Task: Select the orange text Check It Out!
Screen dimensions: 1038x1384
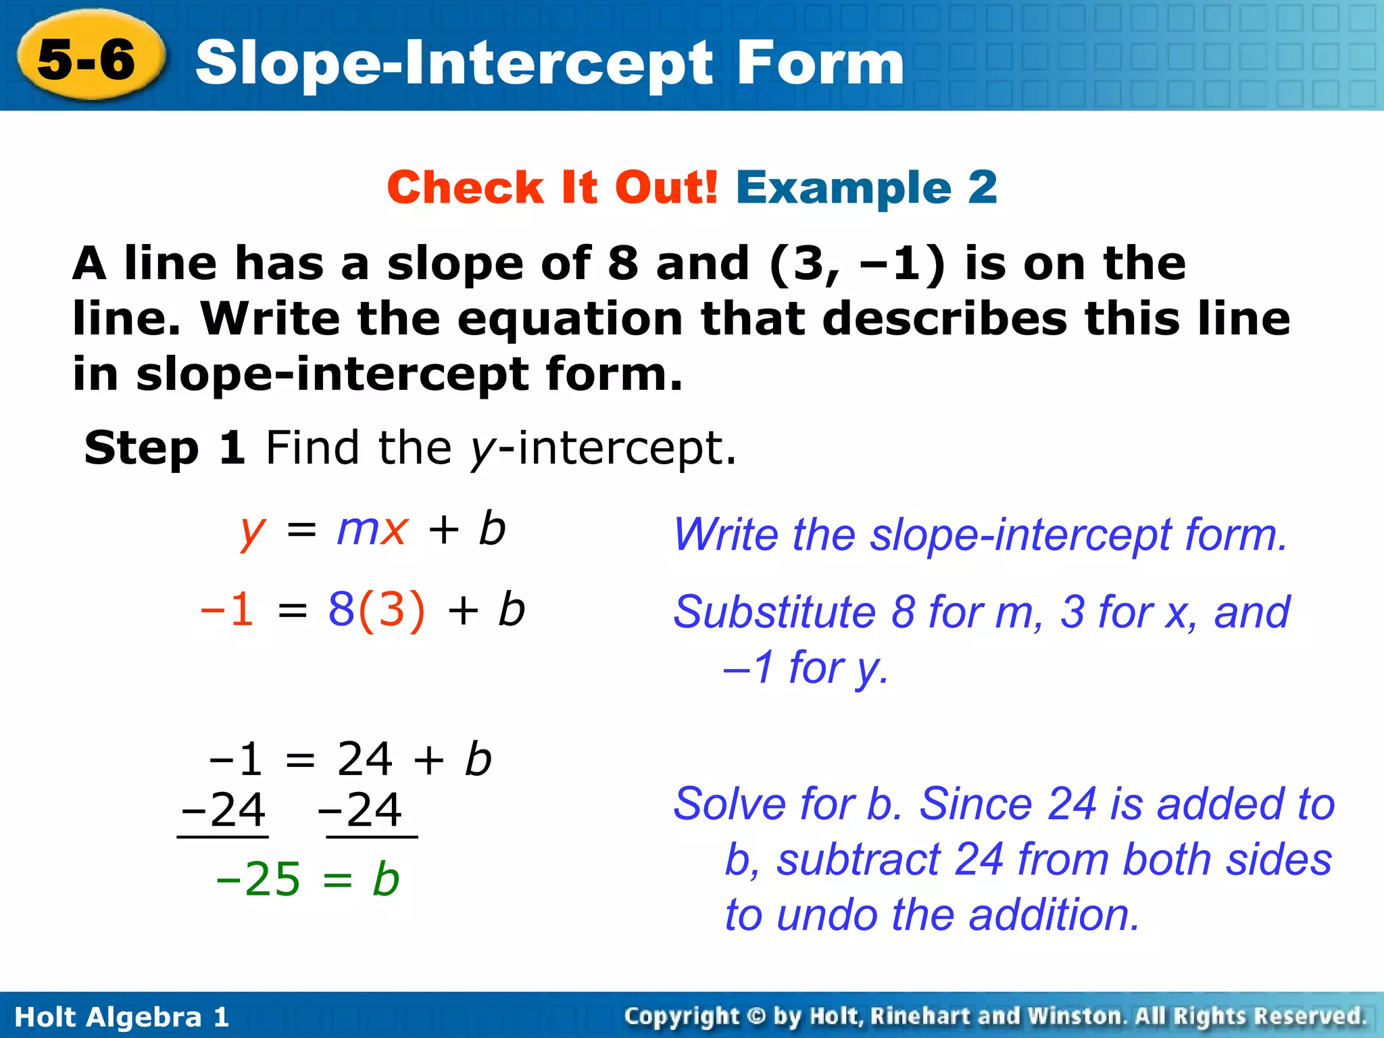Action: click(552, 187)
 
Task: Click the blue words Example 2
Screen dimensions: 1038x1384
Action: click(866, 187)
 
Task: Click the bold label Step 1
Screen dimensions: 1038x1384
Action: click(164, 448)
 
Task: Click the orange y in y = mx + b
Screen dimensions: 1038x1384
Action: click(252, 532)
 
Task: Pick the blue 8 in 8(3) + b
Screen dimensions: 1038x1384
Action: click(341, 609)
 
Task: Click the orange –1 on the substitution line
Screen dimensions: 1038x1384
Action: click(228, 609)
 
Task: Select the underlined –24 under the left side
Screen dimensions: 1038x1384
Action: click(224, 810)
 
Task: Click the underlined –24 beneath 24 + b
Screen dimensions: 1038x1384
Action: click(360, 810)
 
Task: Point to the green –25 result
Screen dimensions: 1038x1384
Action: click(257, 880)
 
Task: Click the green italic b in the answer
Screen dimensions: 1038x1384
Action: click(386, 880)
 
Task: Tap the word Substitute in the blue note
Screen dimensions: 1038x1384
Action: click(774, 612)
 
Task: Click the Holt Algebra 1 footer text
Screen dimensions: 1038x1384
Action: click(122, 1017)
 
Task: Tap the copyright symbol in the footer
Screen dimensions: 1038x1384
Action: click(756, 1016)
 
